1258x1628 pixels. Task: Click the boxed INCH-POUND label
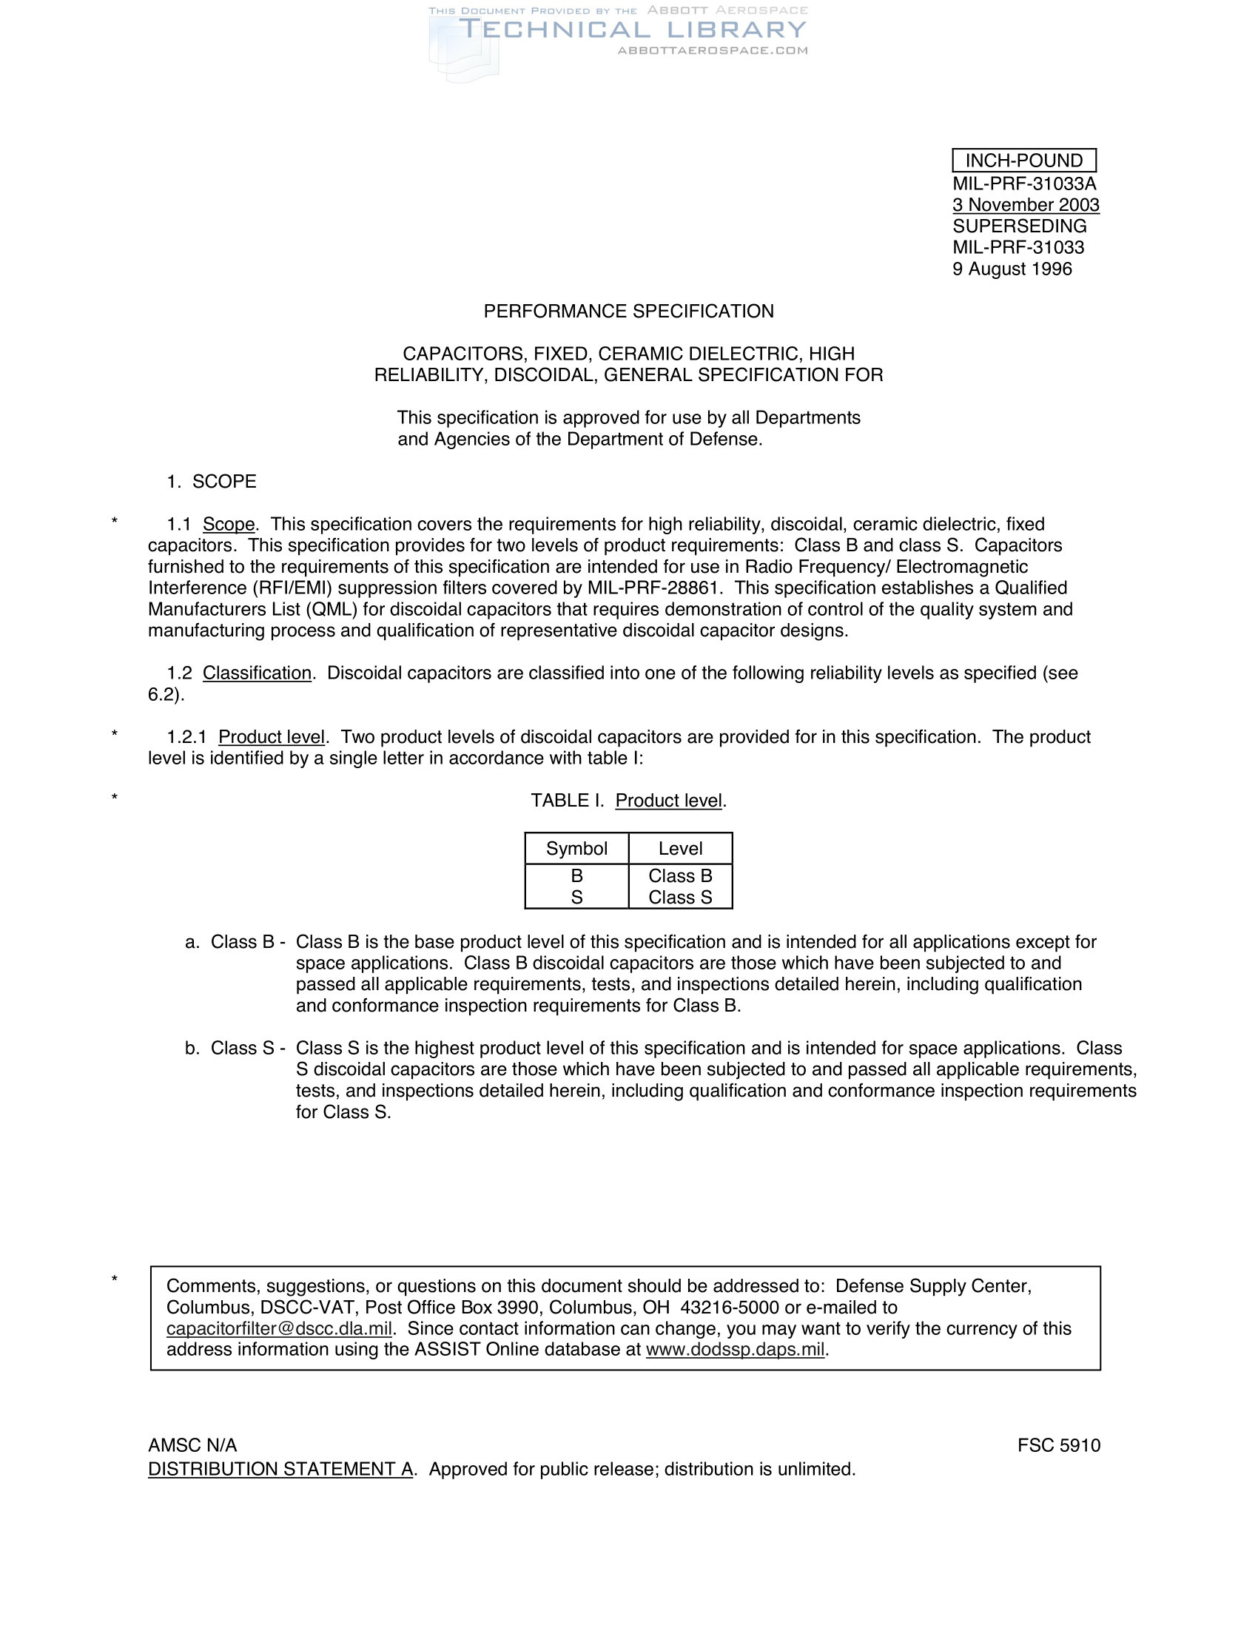[1023, 161]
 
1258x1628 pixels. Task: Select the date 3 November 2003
[1026, 205]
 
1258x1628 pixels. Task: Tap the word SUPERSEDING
[1019, 226]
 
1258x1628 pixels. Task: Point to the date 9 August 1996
[1012, 269]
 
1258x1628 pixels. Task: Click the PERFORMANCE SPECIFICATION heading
[628, 312]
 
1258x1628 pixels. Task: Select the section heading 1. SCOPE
[212, 482]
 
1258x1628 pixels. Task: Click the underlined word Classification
[257, 673]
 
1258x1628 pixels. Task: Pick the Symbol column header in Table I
[576, 849]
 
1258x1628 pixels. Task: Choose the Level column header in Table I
[679, 849]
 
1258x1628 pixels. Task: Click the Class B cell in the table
[679, 876]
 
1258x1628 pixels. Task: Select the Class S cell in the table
[679, 898]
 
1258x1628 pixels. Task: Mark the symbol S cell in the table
[576, 898]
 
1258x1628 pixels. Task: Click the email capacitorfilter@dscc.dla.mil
[279, 1329]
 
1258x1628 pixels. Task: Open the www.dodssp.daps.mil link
[735, 1350]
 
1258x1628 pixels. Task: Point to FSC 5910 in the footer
[1058, 1446]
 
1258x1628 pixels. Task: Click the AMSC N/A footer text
[192, 1446]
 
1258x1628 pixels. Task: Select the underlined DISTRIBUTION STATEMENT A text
[280, 1469]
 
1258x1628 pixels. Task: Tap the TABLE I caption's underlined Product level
[668, 801]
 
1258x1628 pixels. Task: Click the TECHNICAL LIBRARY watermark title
[632, 30]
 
